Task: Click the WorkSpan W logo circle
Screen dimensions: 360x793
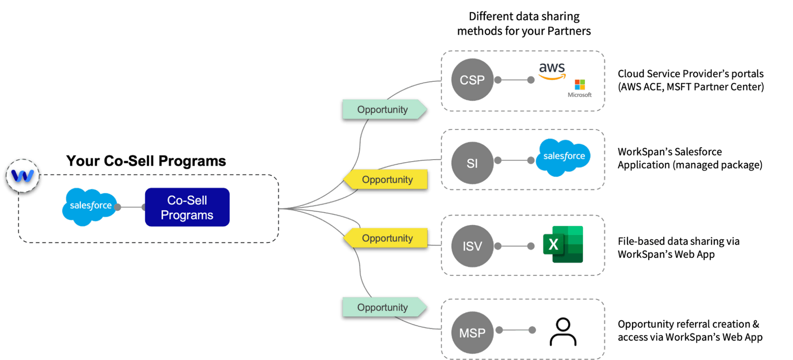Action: pyautogui.click(x=22, y=176)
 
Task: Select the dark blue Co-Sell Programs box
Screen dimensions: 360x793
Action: pyautogui.click(x=187, y=207)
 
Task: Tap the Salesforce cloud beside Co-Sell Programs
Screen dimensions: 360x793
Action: pyautogui.click(x=90, y=206)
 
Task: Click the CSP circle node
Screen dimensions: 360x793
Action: pyautogui.click(x=472, y=80)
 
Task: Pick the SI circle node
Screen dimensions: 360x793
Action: pyautogui.click(x=472, y=163)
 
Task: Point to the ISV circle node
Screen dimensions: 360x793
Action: pyautogui.click(x=472, y=246)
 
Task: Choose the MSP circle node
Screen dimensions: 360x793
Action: pyautogui.click(x=472, y=333)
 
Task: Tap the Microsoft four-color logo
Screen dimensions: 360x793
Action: pyautogui.click(x=580, y=85)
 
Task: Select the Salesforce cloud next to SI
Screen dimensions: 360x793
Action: pyautogui.click(x=564, y=157)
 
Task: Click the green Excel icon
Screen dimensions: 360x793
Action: pyautogui.click(x=563, y=244)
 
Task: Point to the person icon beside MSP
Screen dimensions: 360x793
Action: pyautogui.click(x=563, y=332)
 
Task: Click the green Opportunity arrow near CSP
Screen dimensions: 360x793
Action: pyautogui.click(x=383, y=110)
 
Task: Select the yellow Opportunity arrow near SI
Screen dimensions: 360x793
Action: pyautogui.click(x=387, y=180)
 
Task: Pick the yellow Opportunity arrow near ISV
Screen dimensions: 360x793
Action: pyautogui.click(x=387, y=238)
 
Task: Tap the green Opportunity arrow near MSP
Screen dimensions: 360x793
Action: pyautogui.click(x=383, y=307)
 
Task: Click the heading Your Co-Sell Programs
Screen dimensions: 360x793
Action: pyautogui.click(x=146, y=161)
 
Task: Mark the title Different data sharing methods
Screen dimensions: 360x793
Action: pyautogui.click(x=524, y=24)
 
